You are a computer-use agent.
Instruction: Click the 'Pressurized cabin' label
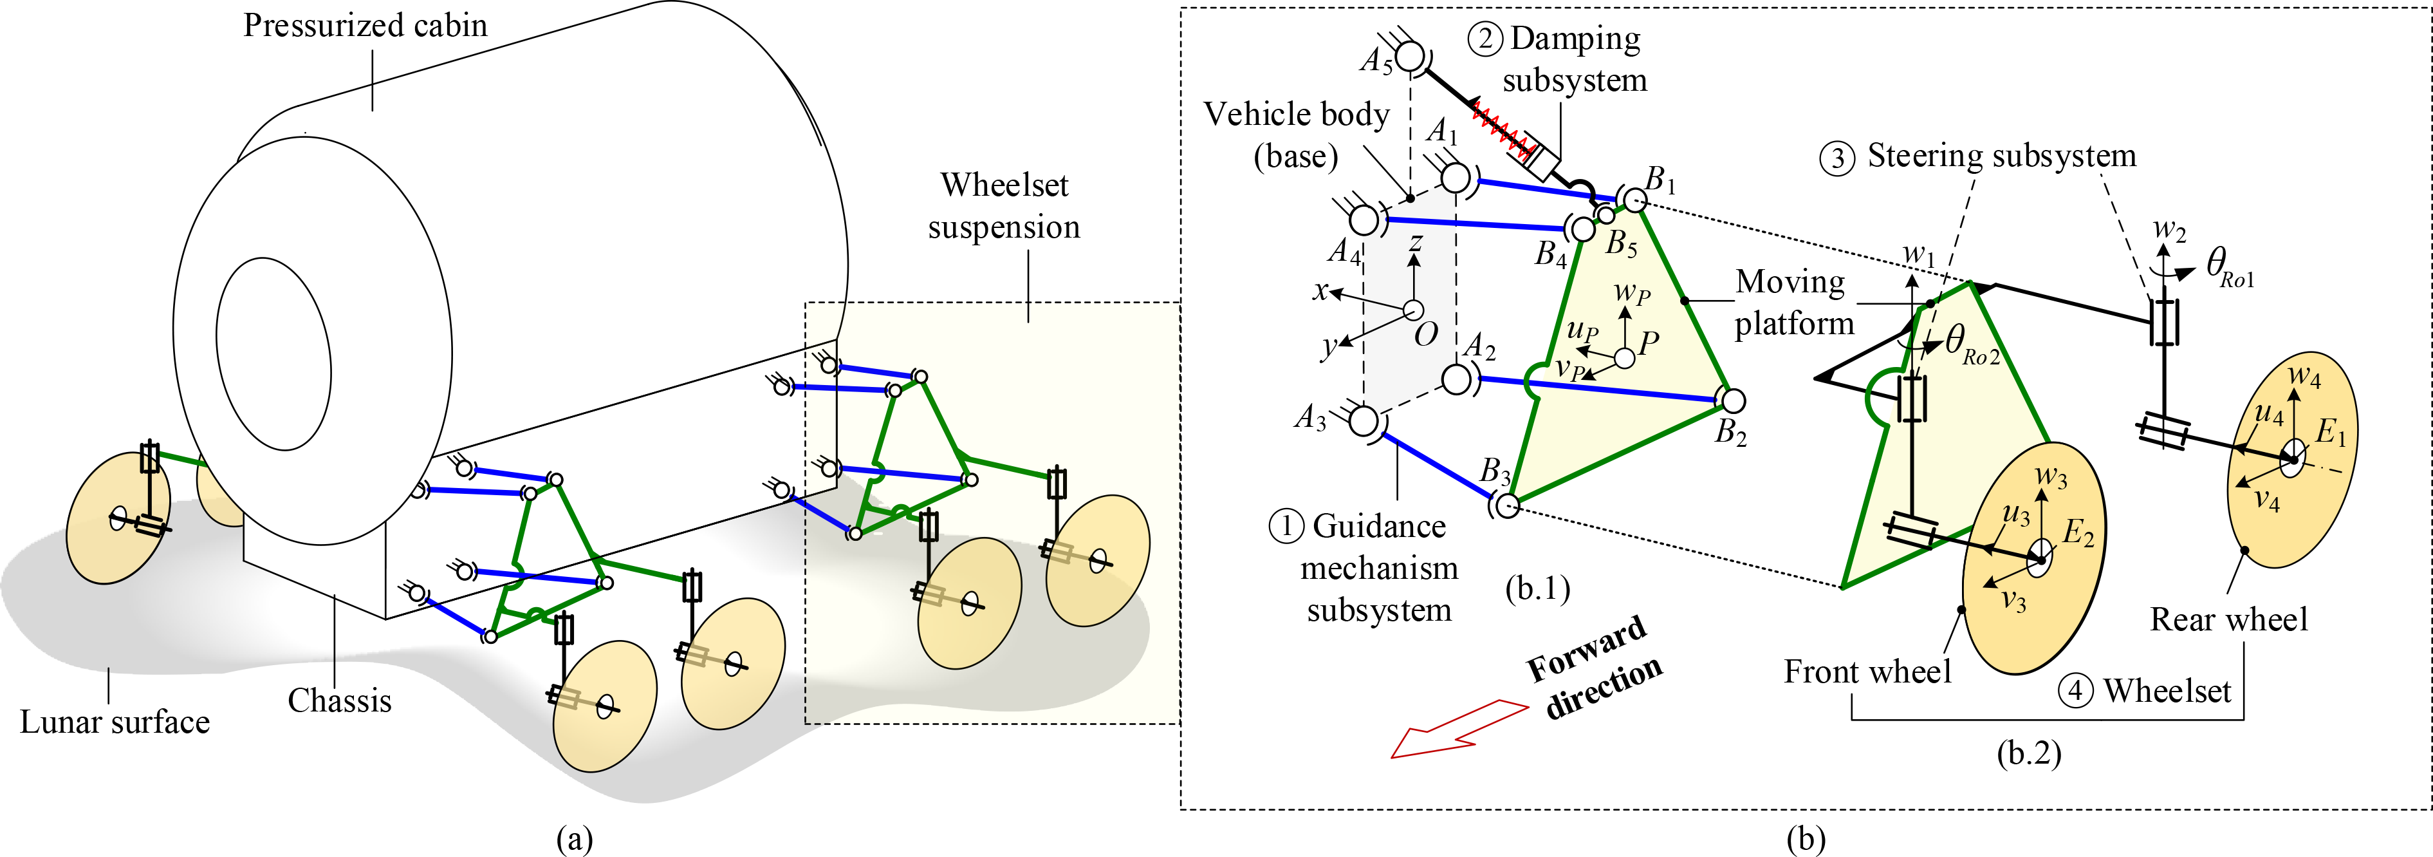point(365,26)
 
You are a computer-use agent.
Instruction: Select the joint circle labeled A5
point(1410,57)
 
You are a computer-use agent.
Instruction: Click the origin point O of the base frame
point(1414,310)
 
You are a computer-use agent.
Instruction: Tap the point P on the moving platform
point(1625,358)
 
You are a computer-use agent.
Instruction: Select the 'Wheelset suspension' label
point(1004,206)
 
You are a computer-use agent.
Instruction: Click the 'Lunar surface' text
point(115,722)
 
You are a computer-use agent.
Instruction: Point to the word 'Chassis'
point(339,700)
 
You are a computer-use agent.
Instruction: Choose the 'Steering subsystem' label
point(2001,156)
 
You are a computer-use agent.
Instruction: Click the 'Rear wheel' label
point(2229,620)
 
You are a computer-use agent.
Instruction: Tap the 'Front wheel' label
point(1867,672)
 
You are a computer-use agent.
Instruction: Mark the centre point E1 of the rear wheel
point(2291,459)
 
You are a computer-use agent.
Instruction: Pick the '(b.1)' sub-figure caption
point(1538,589)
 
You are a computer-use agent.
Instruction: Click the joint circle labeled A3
point(1363,421)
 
